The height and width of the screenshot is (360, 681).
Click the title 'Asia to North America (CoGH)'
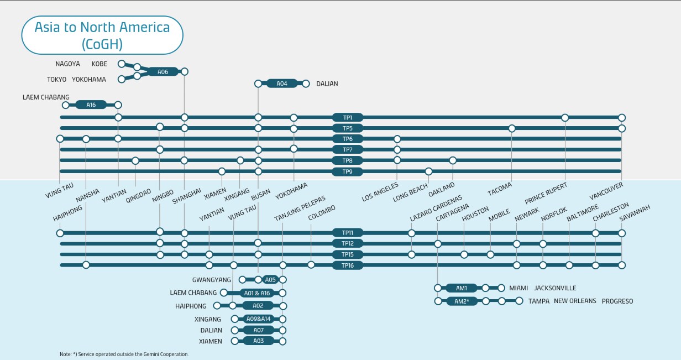(x=102, y=35)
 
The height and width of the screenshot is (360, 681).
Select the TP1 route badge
(x=347, y=117)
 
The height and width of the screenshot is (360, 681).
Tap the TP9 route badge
(x=347, y=171)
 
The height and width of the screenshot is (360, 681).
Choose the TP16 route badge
(x=347, y=265)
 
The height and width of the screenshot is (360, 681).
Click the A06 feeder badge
(x=163, y=71)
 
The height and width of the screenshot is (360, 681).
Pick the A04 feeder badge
(x=281, y=84)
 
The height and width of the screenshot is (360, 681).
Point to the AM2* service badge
(x=462, y=301)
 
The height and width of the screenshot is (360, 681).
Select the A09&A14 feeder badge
(x=258, y=319)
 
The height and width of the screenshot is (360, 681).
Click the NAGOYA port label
(x=67, y=64)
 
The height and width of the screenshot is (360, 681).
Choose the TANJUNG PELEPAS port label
(x=300, y=209)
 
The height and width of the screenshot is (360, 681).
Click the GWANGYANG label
(x=212, y=280)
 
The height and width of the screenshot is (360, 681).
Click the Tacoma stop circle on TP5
(x=512, y=128)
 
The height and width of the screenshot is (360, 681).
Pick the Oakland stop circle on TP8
(x=453, y=160)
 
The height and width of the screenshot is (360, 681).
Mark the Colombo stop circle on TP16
(x=311, y=265)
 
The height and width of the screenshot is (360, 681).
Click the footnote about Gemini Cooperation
(x=124, y=354)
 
